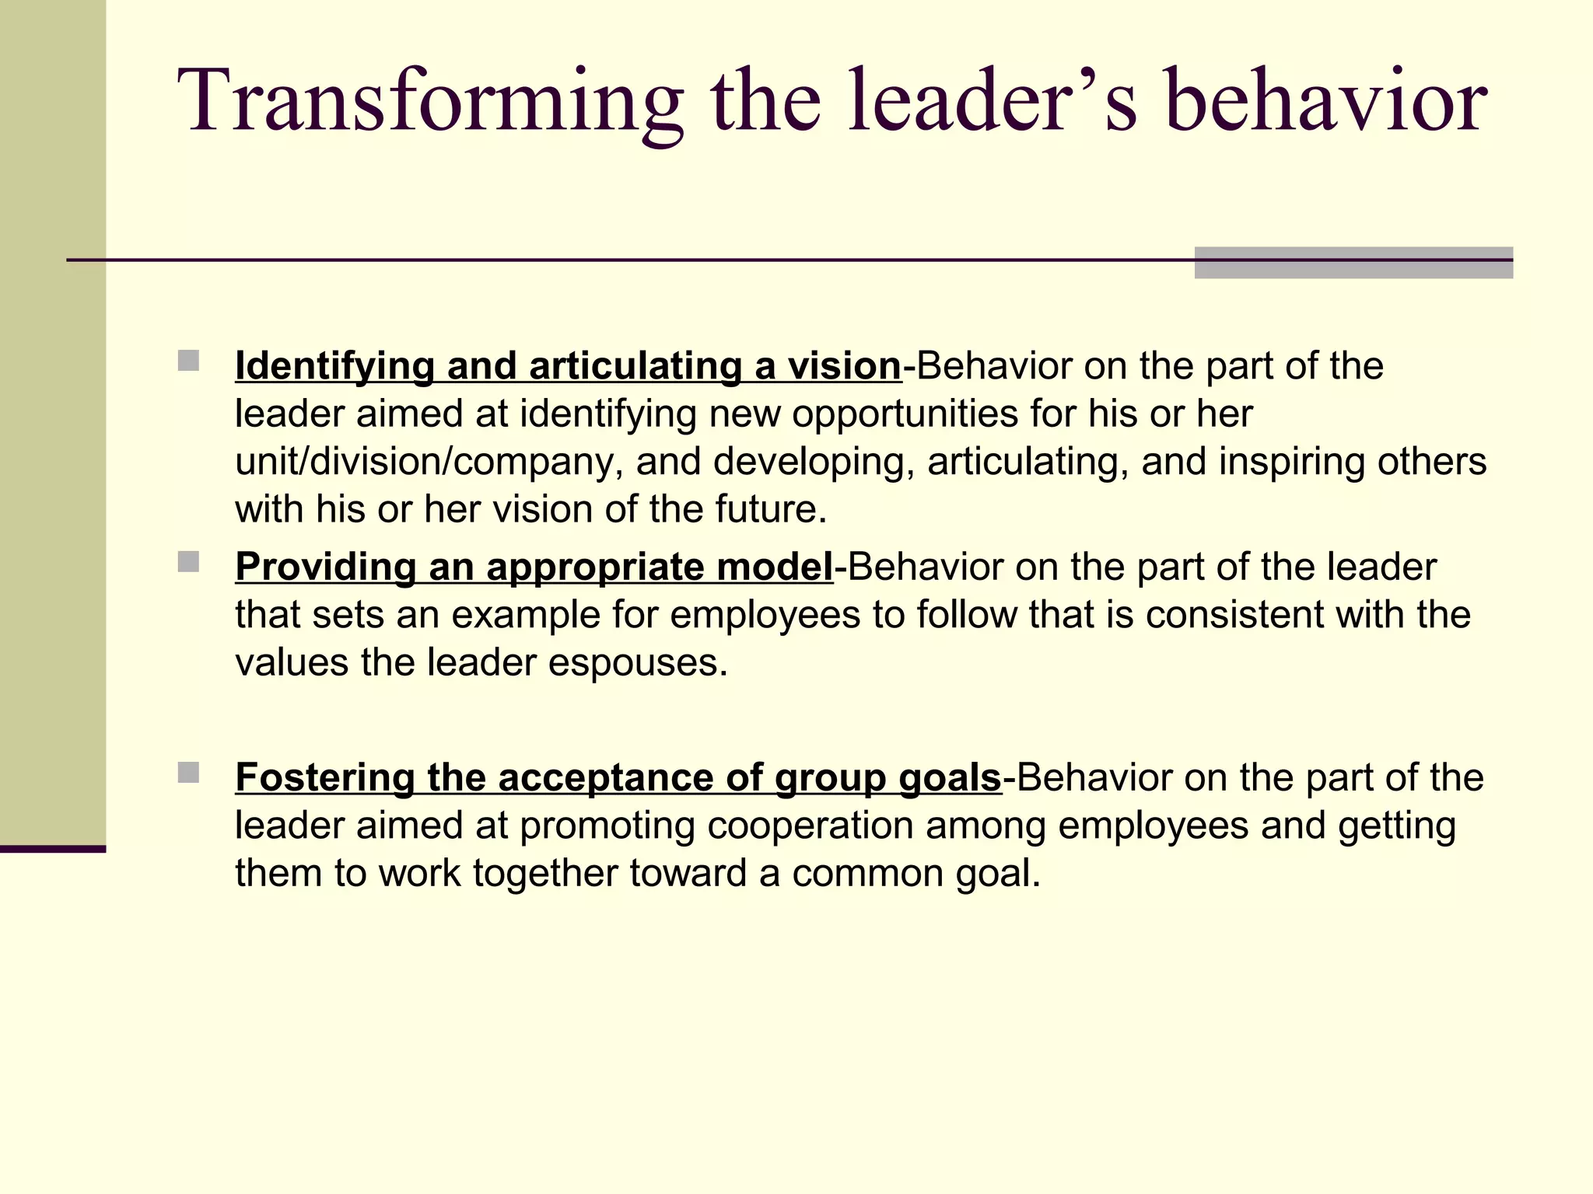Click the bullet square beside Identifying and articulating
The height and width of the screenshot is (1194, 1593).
pos(188,361)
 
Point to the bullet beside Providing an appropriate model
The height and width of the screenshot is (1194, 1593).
pos(188,561)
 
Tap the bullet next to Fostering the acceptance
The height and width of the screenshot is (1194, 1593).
pos(188,773)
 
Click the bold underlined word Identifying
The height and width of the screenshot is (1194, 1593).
pos(334,366)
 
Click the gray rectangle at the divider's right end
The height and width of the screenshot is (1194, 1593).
pos(1353,263)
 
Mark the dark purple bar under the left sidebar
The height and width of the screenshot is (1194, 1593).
pos(53,849)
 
